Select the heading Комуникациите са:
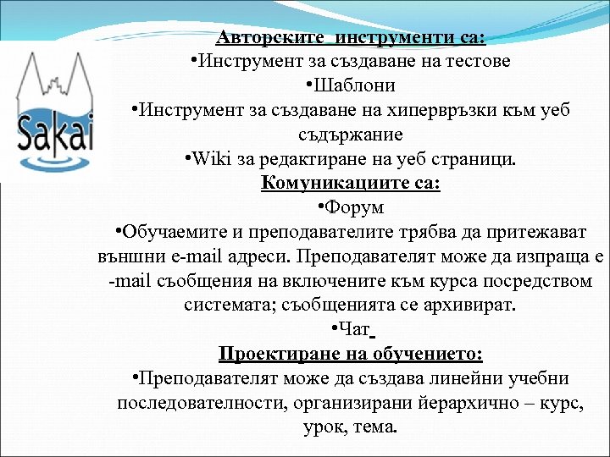(x=351, y=183)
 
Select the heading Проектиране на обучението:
(x=351, y=354)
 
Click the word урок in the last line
(x=322, y=427)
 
